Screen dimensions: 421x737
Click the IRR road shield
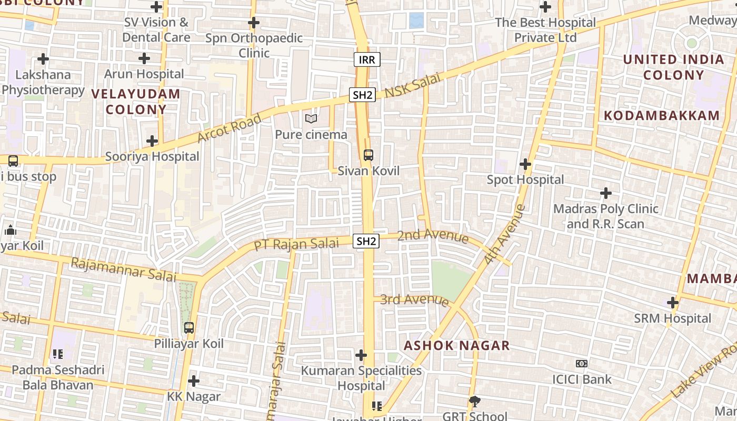367,59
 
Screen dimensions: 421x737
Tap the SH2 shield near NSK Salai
362,95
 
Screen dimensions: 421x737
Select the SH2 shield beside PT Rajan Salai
366,241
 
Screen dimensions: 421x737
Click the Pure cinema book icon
311,119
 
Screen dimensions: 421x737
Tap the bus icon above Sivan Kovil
368,155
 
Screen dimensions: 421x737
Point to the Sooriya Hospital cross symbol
152,141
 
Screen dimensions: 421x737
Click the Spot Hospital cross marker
525,164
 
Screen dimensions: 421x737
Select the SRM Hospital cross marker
672,303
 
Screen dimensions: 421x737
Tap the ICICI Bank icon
581,364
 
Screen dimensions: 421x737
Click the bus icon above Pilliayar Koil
189,328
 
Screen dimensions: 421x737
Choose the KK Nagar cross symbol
194,380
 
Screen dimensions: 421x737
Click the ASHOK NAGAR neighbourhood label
456,346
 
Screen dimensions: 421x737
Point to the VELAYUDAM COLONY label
136,102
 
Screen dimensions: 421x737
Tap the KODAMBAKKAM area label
661,116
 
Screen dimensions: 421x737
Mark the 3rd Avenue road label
414,300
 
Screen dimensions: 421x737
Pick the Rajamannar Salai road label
123,269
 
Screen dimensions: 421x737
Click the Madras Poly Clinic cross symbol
606,193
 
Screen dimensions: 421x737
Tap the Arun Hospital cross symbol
144,58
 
